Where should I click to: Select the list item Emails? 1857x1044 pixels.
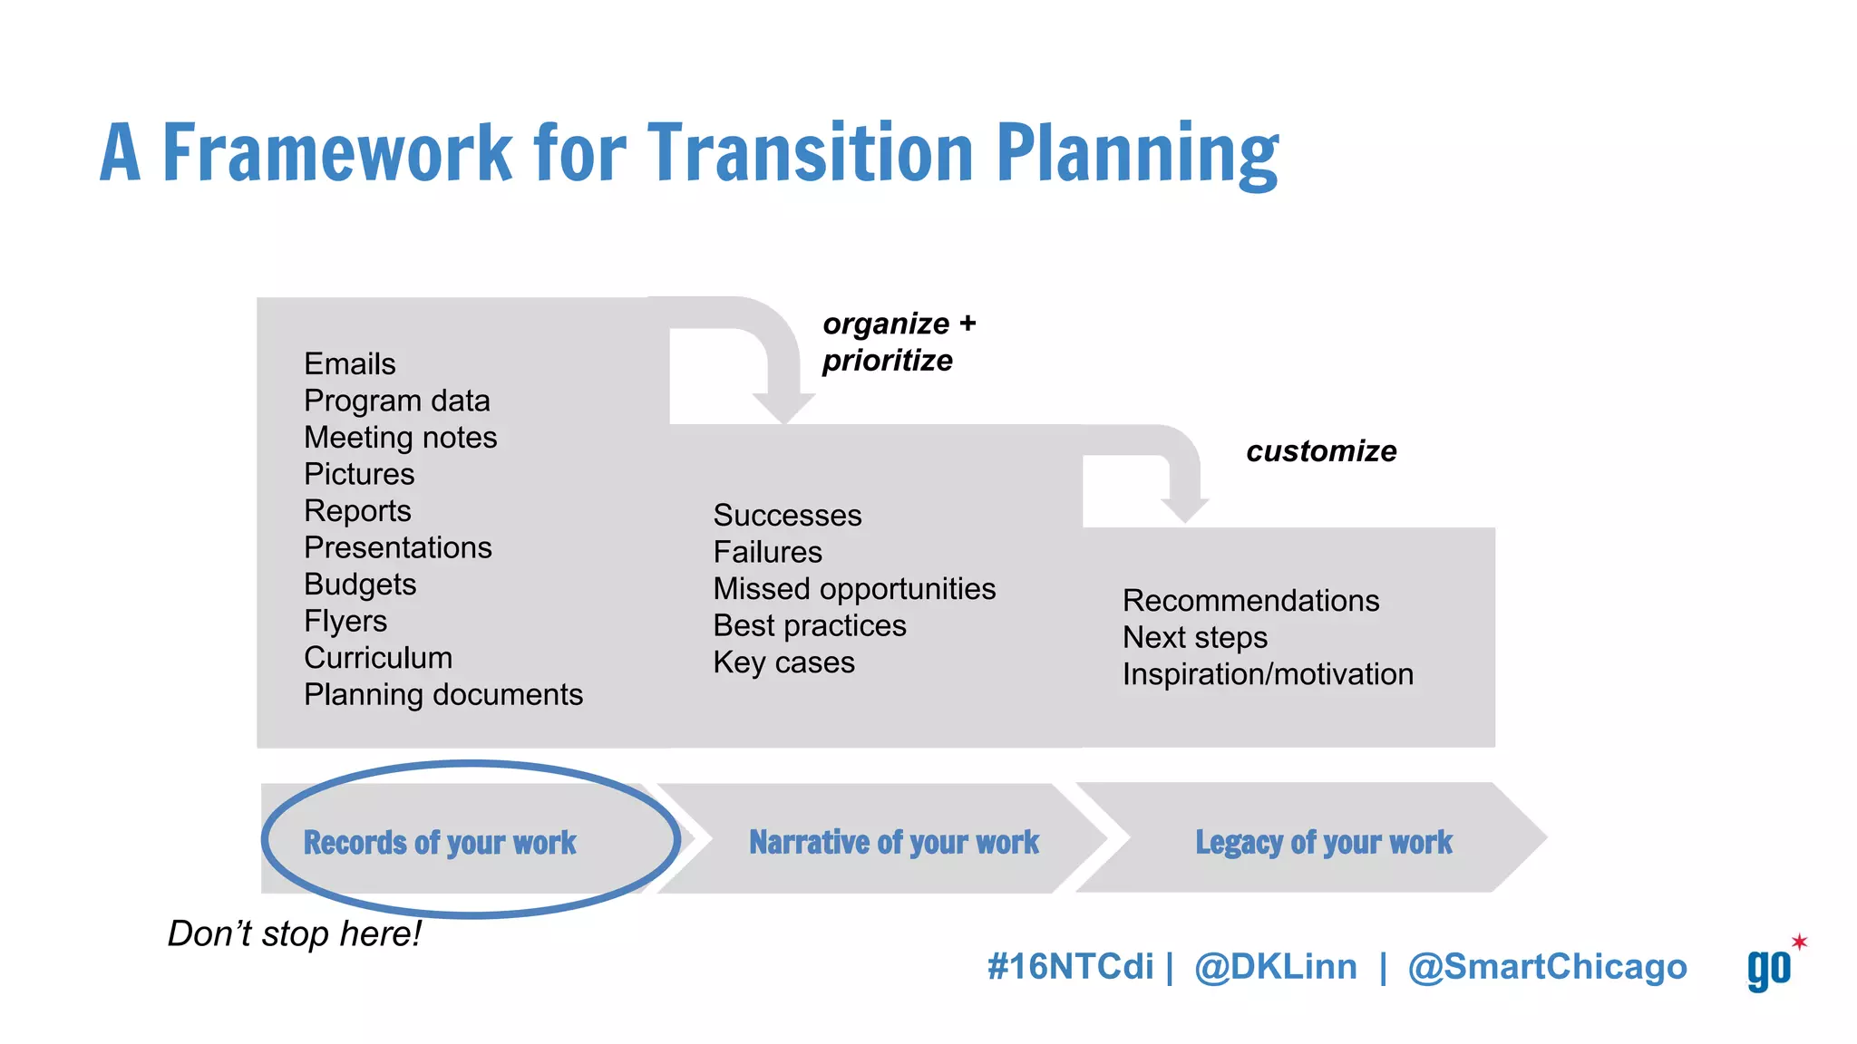pos(350,364)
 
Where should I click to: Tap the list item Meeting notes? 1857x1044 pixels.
pos(400,438)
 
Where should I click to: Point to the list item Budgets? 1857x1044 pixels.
pos(360,585)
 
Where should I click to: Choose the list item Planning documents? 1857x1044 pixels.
pos(442,695)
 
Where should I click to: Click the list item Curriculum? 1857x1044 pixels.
pos(378,658)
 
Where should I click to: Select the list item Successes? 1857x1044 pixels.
pos(787,516)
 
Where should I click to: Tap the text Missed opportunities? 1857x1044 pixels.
pos(854,589)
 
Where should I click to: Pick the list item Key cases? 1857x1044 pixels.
pos(783,662)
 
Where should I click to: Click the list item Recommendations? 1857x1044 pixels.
pos(1250,601)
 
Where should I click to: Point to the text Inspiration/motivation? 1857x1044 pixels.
pos(1268,674)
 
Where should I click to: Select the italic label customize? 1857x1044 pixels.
pos(1321,451)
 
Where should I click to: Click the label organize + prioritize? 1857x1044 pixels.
pos(898,343)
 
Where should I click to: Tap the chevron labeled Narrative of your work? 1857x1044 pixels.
pos(893,842)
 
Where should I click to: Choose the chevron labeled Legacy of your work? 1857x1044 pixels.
pos(1323,842)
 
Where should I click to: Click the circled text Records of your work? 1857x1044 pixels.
pos(440,843)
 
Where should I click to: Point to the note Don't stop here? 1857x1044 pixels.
pos(295,934)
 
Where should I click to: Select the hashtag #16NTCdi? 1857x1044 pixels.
pos(1070,967)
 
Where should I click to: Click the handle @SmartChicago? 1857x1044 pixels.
pos(1547,967)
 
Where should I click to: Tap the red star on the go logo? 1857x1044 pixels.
pos(1799,942)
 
